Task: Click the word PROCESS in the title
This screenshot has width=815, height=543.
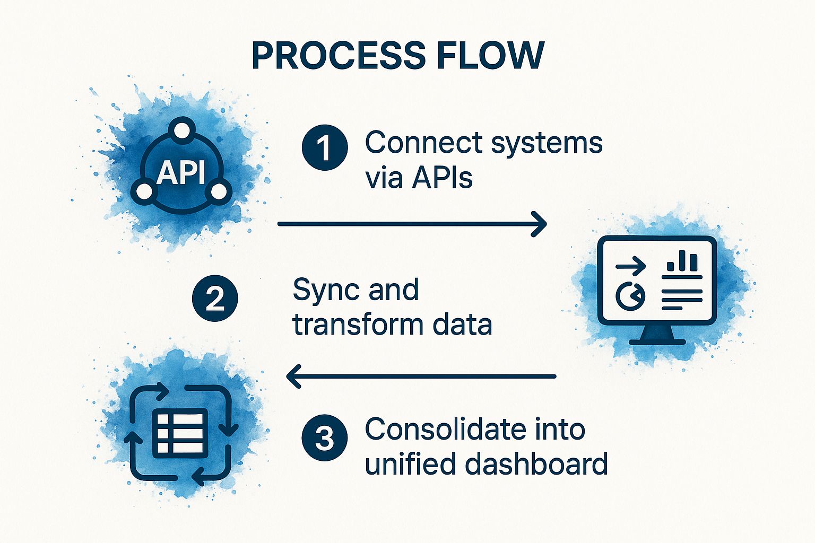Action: click(x=337, y=55)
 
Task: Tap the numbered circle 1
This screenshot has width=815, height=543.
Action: click(x=324, y=148)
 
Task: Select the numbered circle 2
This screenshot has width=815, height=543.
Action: click(x=215, y=299)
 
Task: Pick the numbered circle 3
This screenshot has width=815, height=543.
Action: click(x=324, y=439)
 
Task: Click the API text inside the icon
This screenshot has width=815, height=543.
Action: click(x=181, y=173)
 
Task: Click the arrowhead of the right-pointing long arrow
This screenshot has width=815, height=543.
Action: click(x=540, y=224)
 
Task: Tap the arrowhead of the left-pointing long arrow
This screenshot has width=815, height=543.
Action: click(x=293, y=376)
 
